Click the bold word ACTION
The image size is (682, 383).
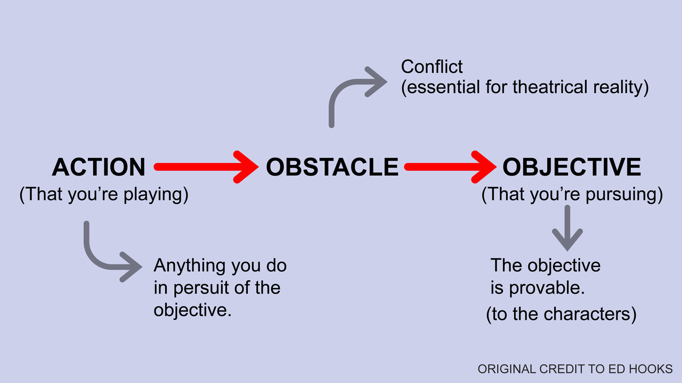pos(99,167)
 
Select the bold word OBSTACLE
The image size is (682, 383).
pos(332,167)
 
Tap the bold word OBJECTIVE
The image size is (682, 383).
pos(572,167)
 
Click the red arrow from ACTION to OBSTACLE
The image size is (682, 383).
pos(206,167)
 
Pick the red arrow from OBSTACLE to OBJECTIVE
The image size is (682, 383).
pos(450,167)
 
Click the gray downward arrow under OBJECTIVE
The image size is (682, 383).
pos(567,228)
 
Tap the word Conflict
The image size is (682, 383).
pos(432,67)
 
